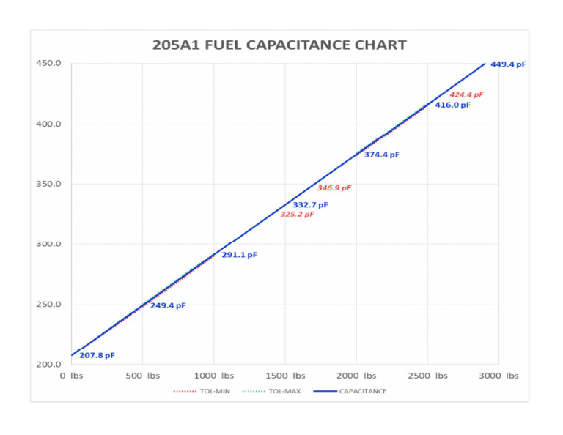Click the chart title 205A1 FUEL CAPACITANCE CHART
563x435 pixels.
click(x=279, y=45)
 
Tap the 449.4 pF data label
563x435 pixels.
click(x=508, y=64)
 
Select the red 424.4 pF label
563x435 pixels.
click(x=466, y=95)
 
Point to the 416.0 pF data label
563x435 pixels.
click(x=452, y=105)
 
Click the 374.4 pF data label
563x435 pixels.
click(x=382, y=155)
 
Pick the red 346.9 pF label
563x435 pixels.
click(x=334, y=188)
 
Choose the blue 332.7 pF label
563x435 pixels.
click(x=310, y=205)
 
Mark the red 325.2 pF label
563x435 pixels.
click(x=297, y=215)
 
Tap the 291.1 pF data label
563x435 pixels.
click(x=240, y=256)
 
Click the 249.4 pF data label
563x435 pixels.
click(x=168, y=306)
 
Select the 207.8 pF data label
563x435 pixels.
click(x=97, y=356)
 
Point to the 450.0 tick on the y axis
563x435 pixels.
click(x=48, y=64)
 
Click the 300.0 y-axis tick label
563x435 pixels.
click(x=48, y=245)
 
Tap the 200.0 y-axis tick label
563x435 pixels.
click(x=48, y=365)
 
